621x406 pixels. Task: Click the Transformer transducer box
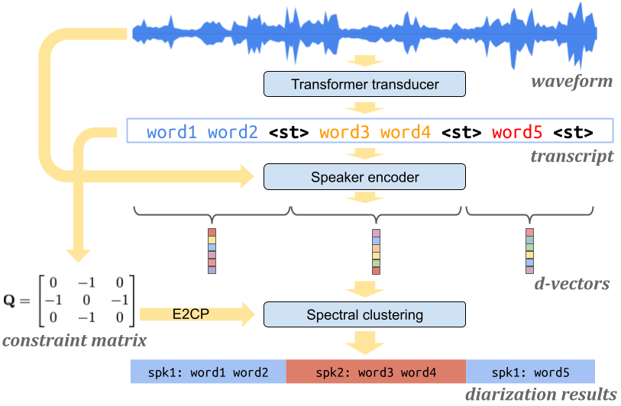point(364,85)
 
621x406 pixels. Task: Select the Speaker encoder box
point(364,178)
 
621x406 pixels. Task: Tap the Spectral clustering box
point(364,314)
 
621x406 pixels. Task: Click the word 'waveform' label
point(574,81)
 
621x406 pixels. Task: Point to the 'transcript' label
point(573,156)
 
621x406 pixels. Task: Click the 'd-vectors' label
point(572,284)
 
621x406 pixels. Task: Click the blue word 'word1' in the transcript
point(172,133)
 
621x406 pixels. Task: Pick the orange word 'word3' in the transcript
point(344,133)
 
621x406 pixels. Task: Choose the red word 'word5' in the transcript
point(517,133)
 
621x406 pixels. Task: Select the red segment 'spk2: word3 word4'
point(375,372)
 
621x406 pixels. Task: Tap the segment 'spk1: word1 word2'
point(208,372)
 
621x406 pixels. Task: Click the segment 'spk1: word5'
point(529,372)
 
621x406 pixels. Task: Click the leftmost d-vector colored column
point(212,250)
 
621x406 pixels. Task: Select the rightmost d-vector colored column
point(529,250)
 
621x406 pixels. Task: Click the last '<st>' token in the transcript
point(573,133)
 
